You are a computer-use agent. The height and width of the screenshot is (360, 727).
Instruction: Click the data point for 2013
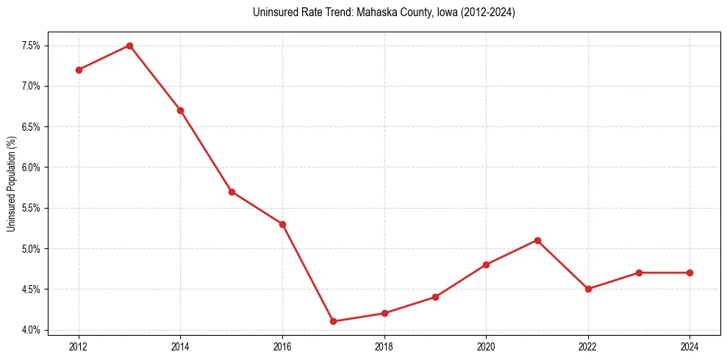(x=129, y=46)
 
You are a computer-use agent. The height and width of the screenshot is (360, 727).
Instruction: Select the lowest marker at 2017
(x=333, y=321)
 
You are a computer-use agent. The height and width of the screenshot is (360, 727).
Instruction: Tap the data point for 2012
(x=79, y=70)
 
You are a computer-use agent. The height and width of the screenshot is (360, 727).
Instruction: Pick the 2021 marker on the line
(x=537, y=240)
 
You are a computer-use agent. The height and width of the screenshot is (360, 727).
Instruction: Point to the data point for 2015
(x=232, y=192)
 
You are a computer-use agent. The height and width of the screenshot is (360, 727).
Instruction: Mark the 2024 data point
(x=690, y=273)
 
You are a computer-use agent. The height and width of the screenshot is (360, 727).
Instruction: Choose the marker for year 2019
(x=435, y=297)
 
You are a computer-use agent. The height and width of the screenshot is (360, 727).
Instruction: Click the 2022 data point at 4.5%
(x=588, y=289)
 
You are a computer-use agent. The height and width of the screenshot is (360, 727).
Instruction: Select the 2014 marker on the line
(x=180, y=110)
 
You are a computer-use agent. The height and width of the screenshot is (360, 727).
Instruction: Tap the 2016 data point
(x=282, y=224)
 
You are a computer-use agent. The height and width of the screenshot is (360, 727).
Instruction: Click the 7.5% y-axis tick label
(x=31, y=46)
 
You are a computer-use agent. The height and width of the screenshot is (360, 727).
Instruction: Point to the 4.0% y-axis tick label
(x=31, y=330)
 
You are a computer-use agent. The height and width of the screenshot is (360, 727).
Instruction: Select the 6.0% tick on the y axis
(x=31, y=168)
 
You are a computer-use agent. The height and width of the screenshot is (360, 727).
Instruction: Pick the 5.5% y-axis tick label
(x=31, y=208)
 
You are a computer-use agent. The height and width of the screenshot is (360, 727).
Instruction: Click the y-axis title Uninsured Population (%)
(x=11, y=184)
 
